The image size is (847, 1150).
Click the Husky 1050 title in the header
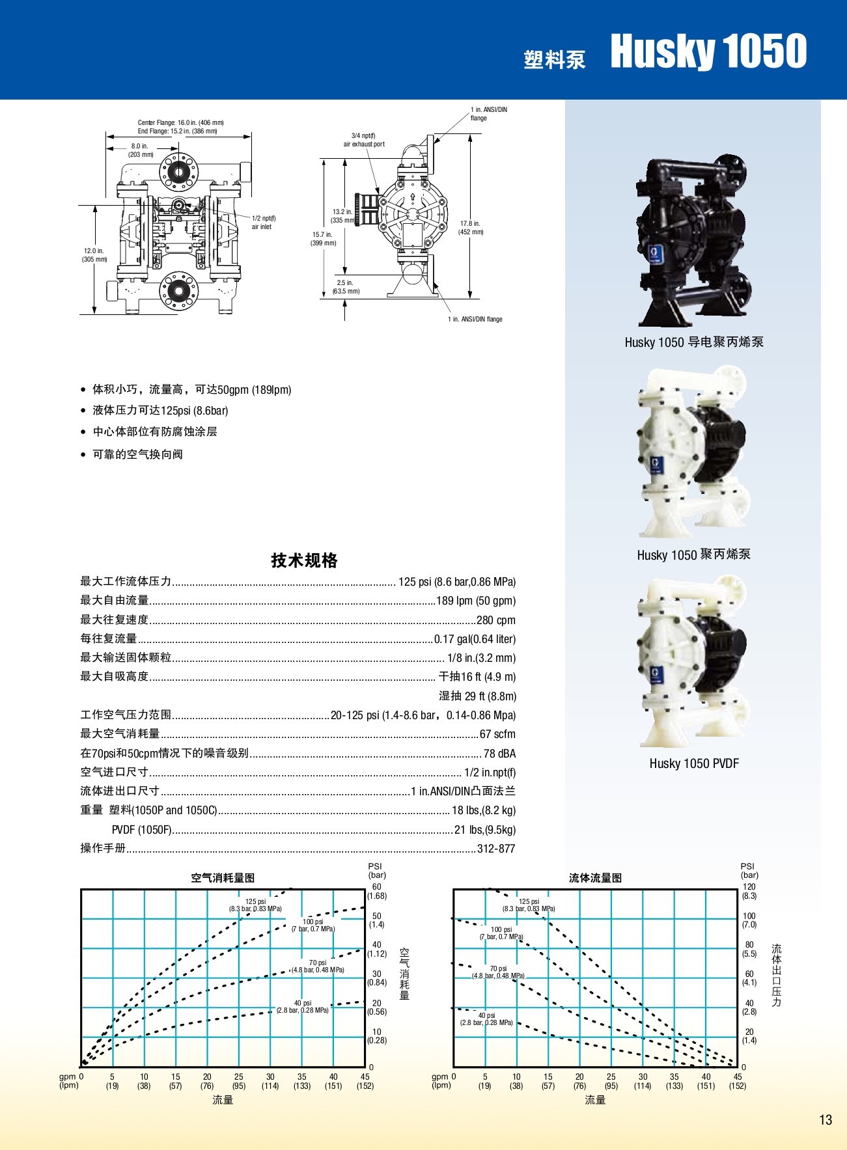708,51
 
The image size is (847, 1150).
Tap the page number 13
825,1119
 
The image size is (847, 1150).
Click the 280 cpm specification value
495,620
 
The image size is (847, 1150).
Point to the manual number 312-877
496,849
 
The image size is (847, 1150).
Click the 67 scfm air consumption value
497,734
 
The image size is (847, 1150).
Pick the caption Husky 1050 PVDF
694,763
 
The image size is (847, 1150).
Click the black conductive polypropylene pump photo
694,241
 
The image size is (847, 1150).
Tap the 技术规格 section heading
304,560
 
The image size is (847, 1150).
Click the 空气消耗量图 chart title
223,878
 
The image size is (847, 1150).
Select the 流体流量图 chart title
595,878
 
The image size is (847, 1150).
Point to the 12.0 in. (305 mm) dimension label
94,255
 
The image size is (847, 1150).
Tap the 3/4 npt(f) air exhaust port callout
364,140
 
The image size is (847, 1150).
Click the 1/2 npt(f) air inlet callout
263,223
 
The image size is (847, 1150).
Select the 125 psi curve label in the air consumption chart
255,905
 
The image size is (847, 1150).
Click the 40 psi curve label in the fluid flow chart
486,1019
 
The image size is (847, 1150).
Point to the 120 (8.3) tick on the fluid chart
749,891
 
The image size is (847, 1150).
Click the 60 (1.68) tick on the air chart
377,891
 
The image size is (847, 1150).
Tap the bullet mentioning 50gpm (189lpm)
191,390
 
